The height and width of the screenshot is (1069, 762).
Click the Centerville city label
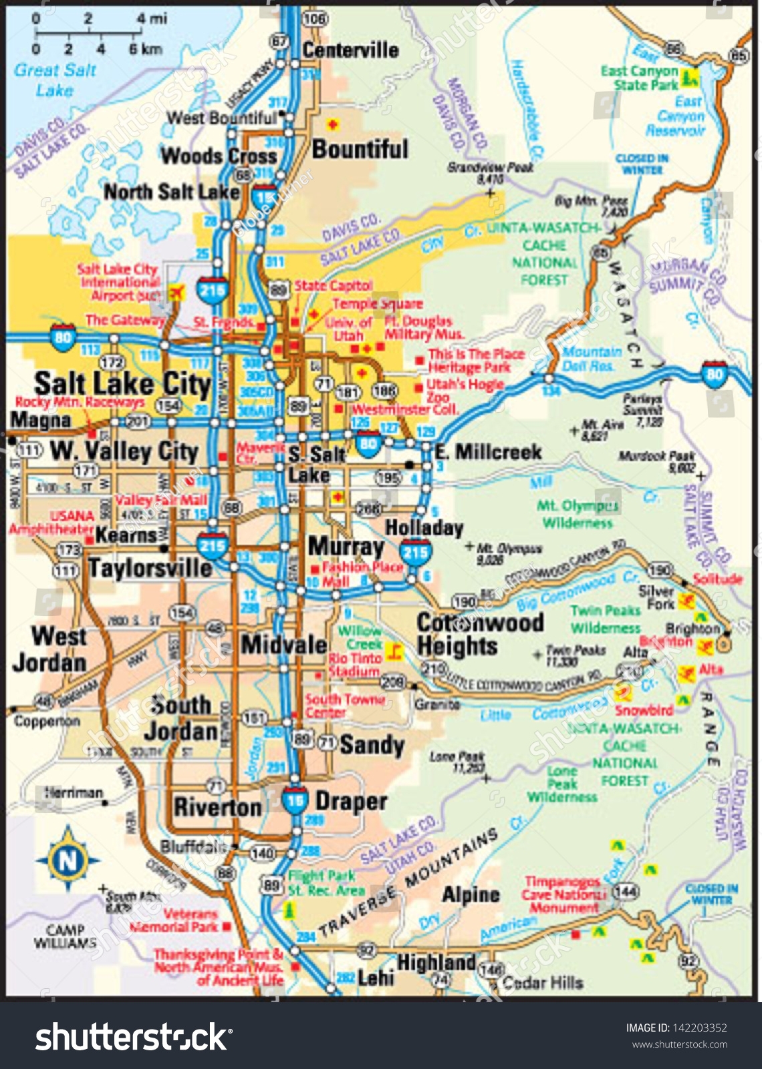click(x=350, y=50)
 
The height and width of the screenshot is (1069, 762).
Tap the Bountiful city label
click(x=360, y=149)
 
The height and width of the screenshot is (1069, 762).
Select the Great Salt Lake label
click(x=55, y=80)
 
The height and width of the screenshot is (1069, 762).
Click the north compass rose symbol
click(x=68, y=859)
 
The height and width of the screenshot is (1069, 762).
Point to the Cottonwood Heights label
click(x=480, y=634)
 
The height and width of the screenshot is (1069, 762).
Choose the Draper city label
click(x=351, y=801)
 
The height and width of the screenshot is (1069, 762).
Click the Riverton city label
click(x=218, y=807)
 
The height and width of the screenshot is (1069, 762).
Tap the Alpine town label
click(x=471, y=895)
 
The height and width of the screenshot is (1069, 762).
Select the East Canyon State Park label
click(x=639, y=78)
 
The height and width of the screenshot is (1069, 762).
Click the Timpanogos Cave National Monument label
click(x=563, y=895)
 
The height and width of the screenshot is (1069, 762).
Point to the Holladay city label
click(x=424, y=528)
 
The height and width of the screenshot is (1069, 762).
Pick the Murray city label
click(x=346, y=547)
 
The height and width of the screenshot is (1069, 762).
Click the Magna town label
click(x=41, y=420)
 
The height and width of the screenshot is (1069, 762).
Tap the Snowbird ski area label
click(x=644, y=710)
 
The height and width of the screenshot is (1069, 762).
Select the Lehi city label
click(x=376, y=978)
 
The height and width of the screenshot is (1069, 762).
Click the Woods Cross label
click(x=219, y=156)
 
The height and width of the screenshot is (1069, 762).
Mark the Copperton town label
click(x=47, y=722)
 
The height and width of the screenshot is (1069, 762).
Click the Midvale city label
click(x=284, y=645)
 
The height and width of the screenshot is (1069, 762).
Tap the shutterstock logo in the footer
click(x=134, y=1037)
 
